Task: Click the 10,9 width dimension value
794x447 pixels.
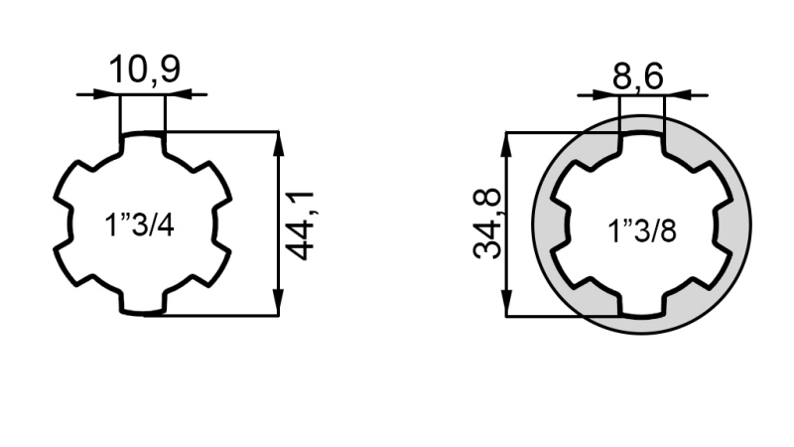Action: pos(143,72)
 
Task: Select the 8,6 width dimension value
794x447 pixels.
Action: pos(637,75)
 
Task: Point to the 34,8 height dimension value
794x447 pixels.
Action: pos(488,225)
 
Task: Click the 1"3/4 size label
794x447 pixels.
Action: pos(139,225)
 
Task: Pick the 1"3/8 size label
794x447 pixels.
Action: pos(642,231)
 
